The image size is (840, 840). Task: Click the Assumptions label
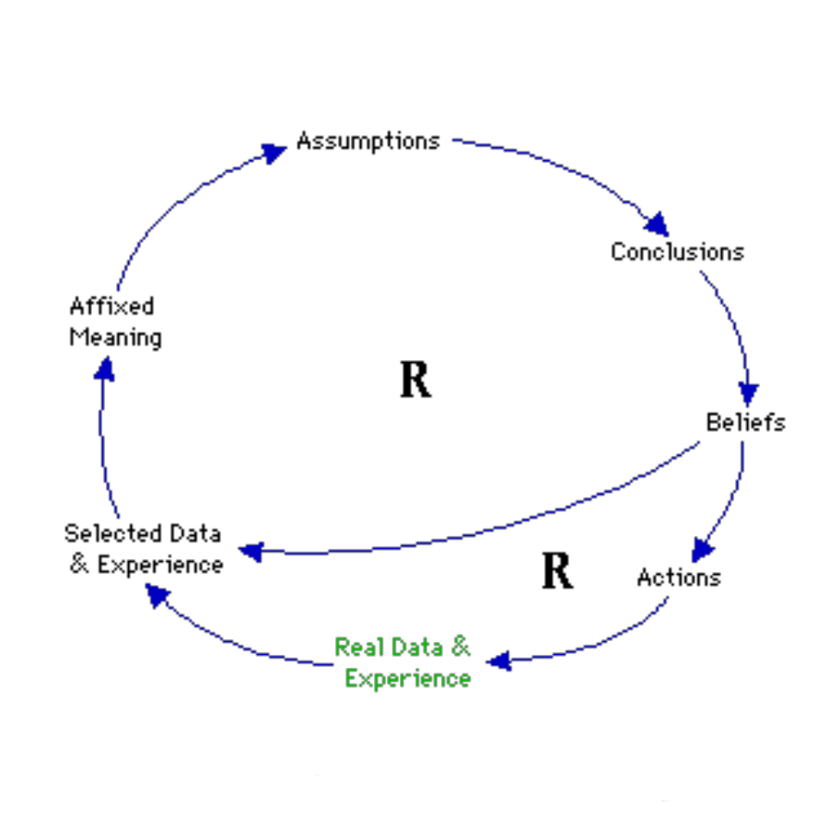[367, 141]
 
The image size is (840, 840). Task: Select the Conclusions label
[677, 251]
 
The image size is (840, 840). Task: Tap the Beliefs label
[745, 422]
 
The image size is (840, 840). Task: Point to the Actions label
[678, 577]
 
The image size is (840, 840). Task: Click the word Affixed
[111, 306]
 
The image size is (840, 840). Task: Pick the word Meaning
[115, 337]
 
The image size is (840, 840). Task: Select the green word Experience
[408, 679]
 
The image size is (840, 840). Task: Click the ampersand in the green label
[460, 647]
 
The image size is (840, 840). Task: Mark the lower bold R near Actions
[556, 572]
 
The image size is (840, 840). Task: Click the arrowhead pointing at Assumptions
[274, 152]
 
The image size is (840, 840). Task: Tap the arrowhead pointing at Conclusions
[658, 224]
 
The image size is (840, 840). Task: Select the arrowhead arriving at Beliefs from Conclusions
[749, 394]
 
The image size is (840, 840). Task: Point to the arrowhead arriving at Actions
[703, 550]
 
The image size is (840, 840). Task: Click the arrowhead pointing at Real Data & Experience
[498, 660]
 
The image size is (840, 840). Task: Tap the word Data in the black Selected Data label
[195, 533]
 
